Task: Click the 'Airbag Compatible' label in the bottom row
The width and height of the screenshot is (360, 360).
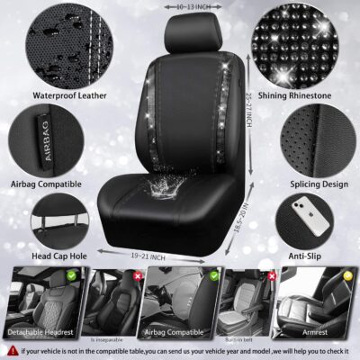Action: (179, 332)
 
